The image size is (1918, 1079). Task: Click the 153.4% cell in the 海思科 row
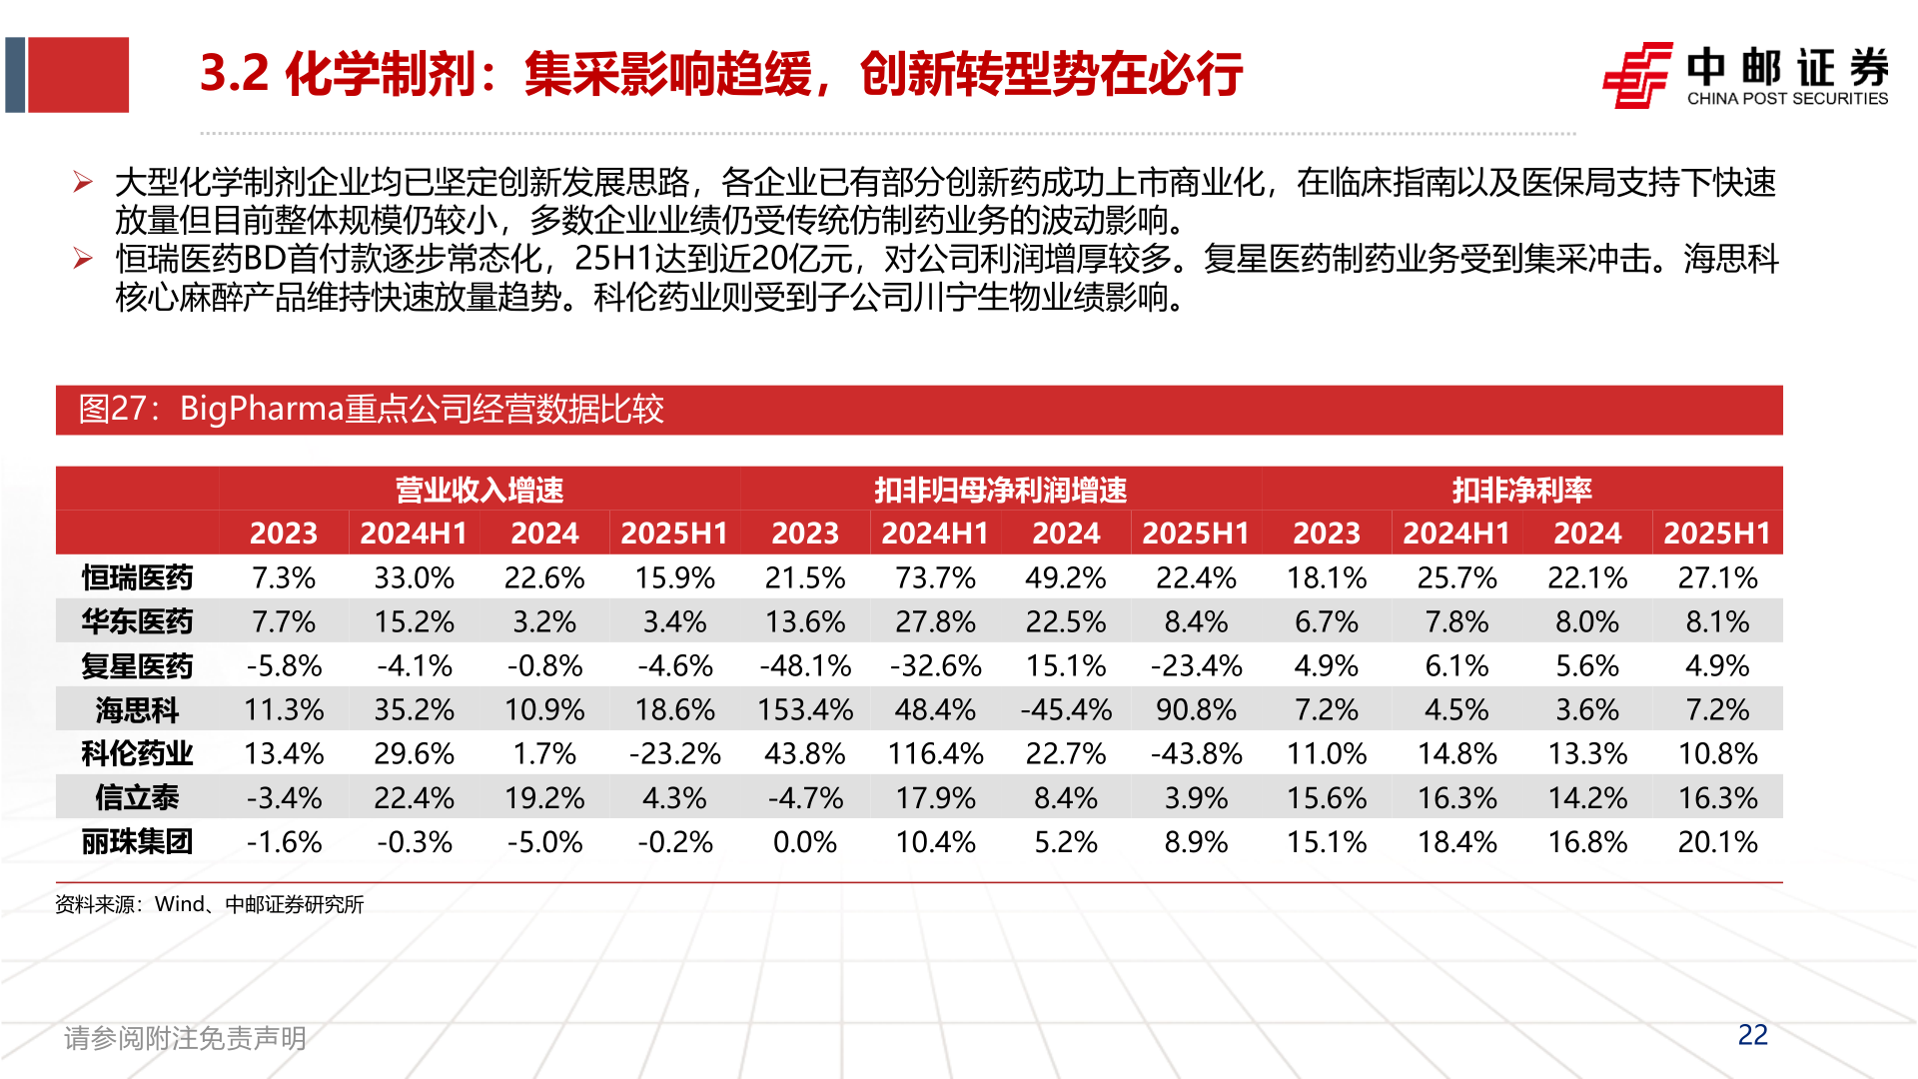(805, 710)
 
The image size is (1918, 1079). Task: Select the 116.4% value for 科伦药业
(935, 754)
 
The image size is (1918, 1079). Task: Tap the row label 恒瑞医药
(137, 577)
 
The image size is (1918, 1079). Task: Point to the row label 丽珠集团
(137, 842)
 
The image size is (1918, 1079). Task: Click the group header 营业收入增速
(479, 490)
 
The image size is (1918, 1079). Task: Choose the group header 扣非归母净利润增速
(1000, 490)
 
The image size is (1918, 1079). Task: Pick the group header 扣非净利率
(1521, 490)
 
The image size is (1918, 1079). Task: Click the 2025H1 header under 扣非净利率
(1717, 534)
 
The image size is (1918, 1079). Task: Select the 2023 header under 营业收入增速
(284, 534)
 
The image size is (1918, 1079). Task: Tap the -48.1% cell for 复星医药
(805, 666)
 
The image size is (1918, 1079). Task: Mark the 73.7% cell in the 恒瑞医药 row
(935, 577)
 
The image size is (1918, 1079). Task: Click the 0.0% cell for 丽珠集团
(805, 842)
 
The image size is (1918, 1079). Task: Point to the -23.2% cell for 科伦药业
(674, 754)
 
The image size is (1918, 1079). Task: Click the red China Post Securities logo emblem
(1637, 75)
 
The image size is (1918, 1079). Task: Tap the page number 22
(1752, 1035)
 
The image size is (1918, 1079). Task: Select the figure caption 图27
(371, 410)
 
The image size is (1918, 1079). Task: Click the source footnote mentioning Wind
(210, 904)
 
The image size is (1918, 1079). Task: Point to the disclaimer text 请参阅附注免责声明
(185, 1038)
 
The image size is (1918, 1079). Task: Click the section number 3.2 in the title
(235, 74)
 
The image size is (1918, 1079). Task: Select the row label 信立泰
(137, 798)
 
